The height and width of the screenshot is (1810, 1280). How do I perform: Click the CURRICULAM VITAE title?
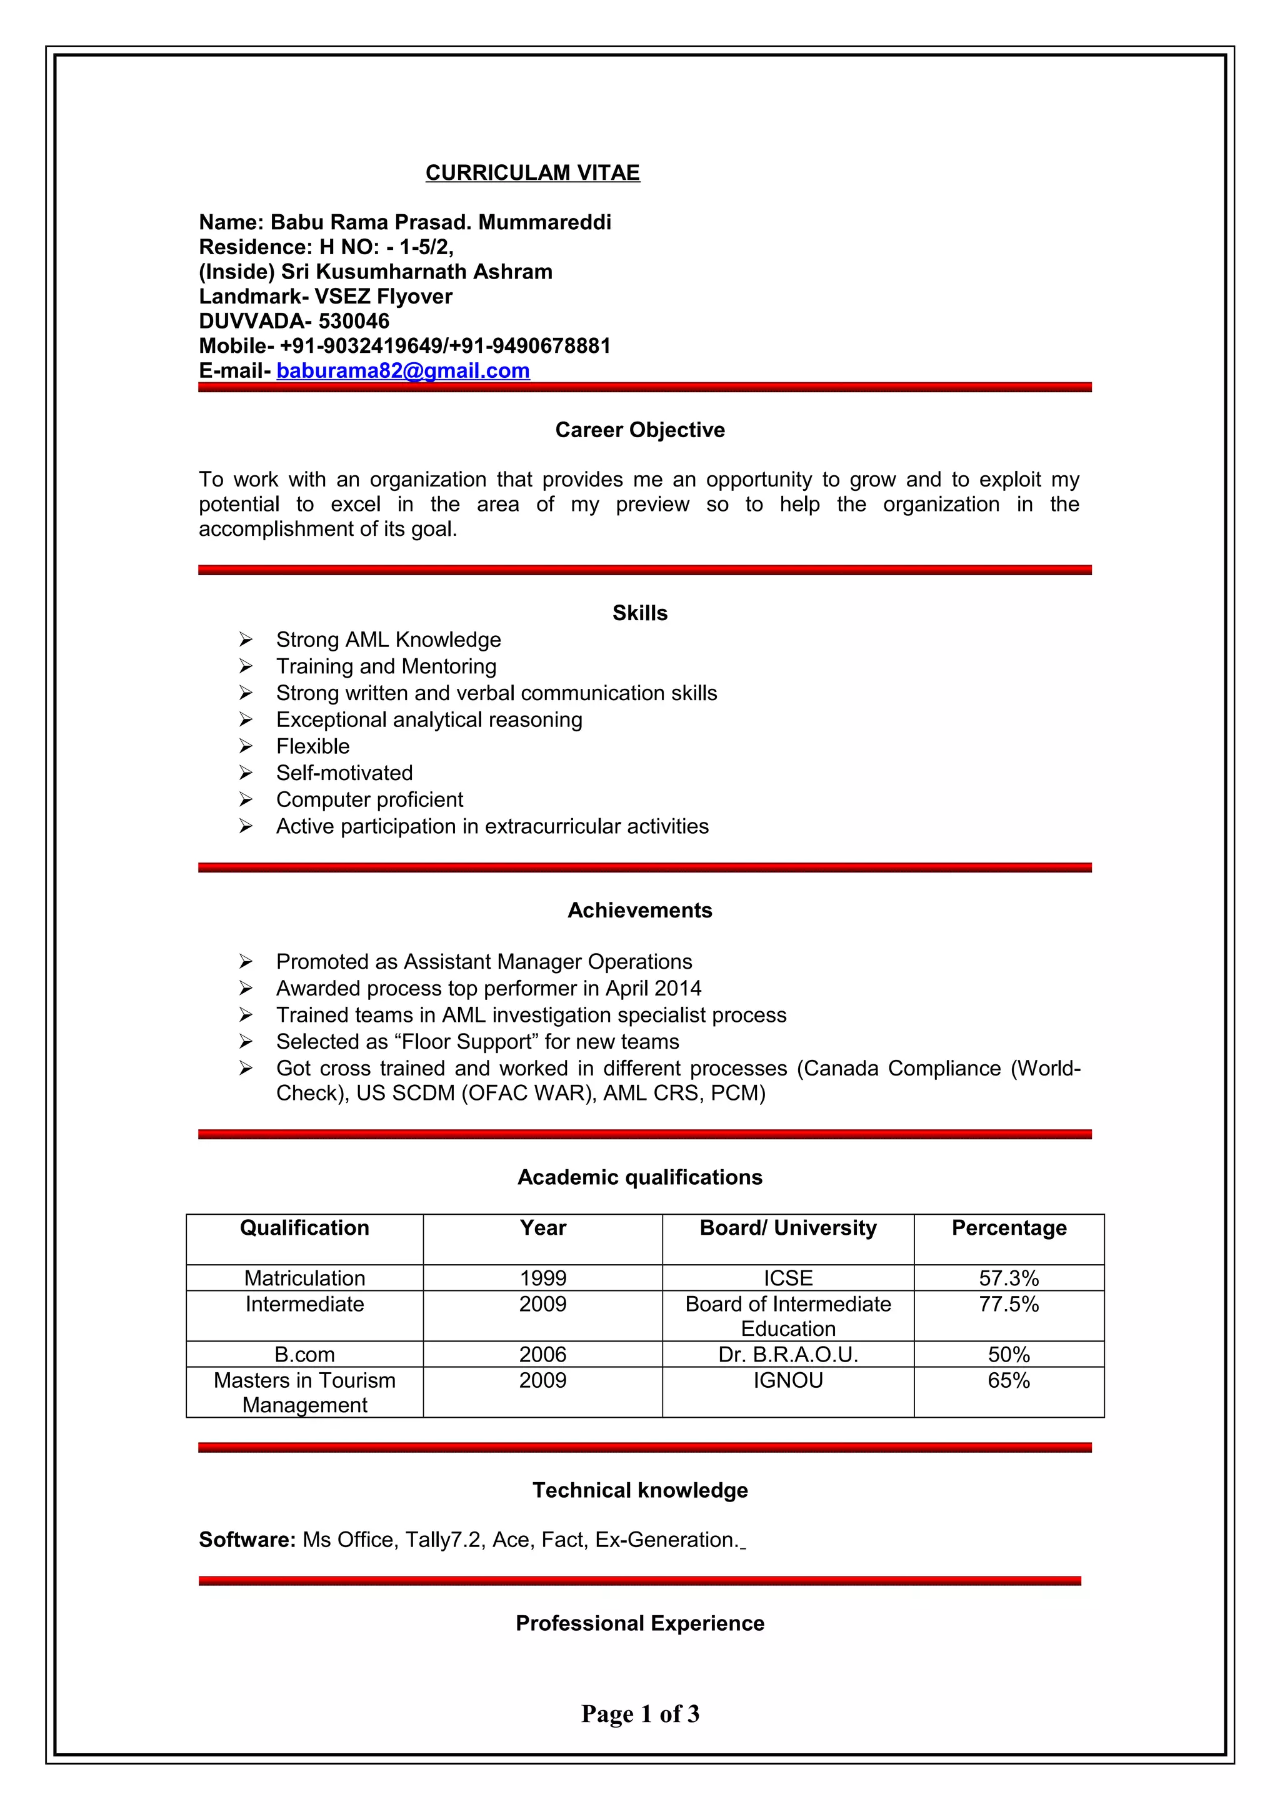pos(532,172)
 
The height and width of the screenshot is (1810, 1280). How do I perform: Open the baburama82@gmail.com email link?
pos(402,370)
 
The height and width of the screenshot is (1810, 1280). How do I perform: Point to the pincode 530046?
pos(354,321)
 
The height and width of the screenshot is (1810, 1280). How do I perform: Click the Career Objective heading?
pos(639,430)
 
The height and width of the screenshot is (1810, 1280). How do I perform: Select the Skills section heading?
pos(639,613)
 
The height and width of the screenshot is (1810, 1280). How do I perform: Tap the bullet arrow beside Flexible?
pos(246,746)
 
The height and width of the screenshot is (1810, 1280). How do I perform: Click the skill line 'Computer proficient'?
pos(369,799)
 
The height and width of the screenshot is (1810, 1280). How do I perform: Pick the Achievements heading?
pos(639,910)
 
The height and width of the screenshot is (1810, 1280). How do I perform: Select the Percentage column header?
pos(1009,1227)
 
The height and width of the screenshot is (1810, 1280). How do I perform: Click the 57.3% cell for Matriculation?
pos(1009,1278)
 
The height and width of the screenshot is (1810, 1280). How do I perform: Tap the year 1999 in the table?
pos(542,1278)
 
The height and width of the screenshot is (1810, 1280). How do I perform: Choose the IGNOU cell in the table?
pos(788,1380)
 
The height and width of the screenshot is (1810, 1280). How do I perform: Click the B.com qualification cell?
pos(304,1354)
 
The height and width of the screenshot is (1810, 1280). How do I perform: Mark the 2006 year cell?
pos(542,1354)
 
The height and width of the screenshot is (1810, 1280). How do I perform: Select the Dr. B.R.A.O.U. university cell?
pos(788,1354)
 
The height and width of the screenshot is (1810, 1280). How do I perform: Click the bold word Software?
pos(247,1540)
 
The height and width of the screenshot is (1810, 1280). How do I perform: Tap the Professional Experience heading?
pos(639,1623)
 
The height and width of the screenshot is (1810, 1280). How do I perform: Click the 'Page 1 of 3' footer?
pos(639,1713)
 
